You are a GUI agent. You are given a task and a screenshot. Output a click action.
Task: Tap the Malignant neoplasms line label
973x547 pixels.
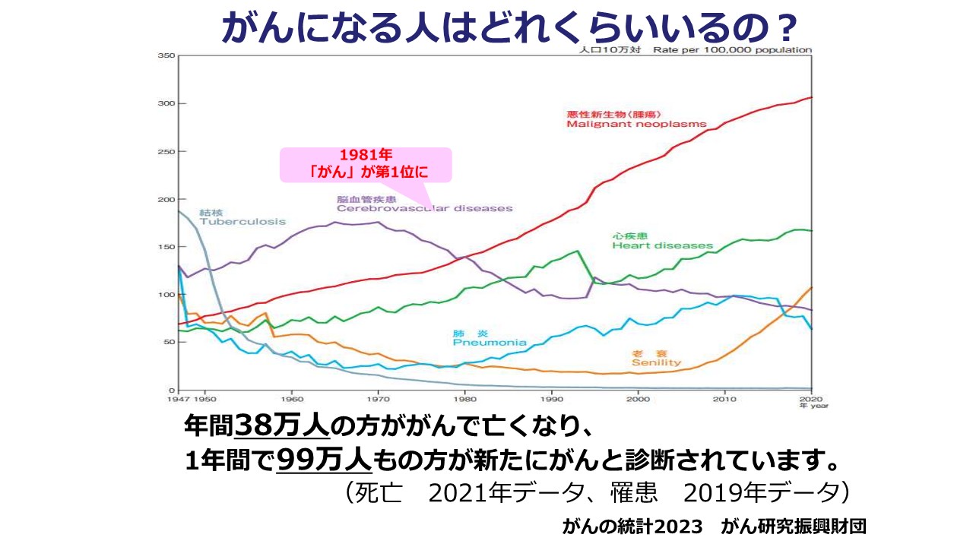[636, 124]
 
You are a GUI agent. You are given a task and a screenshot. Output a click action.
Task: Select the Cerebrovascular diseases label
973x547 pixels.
[424, 208]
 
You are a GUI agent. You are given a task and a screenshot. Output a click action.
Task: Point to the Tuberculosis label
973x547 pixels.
[242, 222]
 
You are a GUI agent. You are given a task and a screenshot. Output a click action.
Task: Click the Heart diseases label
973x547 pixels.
[662, 245]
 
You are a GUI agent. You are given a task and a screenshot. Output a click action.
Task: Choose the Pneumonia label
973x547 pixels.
[489, 343]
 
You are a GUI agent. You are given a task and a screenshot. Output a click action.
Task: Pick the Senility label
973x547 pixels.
[656, 362]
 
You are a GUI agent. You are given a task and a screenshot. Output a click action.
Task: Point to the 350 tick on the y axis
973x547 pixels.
[166, 55]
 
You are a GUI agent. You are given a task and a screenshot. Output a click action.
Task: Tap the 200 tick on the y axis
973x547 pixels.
[166, 199]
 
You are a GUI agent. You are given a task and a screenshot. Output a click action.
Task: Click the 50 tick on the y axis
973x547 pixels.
[169, 342]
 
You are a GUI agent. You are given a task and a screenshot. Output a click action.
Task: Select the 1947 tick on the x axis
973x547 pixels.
[177, 398]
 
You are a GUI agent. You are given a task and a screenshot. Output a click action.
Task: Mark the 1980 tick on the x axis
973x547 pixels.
[464, 398]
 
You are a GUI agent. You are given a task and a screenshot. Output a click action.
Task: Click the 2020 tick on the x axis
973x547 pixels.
[811, 398]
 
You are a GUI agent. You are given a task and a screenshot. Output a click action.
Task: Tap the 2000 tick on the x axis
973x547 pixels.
[638, 398]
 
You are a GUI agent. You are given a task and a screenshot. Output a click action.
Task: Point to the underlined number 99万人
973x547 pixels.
[324, 460]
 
